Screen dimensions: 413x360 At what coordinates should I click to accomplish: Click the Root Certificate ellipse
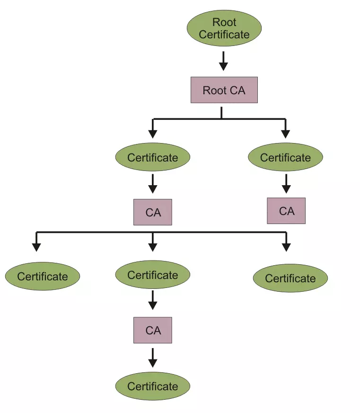[x=224, y=28]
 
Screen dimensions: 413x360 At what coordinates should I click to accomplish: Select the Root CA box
[x=224, y=90]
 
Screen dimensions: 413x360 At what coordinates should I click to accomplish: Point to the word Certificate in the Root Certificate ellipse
[x=224, y=35]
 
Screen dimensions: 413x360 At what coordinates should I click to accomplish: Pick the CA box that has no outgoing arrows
[x=286, y=211]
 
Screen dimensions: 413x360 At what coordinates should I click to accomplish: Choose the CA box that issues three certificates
[x=152, y=212]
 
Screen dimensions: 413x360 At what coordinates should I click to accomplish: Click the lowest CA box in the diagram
[x=152, y=330]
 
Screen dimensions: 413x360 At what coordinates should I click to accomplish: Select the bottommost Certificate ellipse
[x=152, y=386]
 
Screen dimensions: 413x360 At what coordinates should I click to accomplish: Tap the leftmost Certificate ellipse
[x=43, y=277]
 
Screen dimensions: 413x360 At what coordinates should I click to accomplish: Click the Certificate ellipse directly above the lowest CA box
[x=152, y=275]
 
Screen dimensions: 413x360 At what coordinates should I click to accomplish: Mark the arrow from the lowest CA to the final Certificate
[x=152, y=358]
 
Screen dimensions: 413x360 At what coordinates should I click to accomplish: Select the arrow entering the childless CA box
[x=286, y=183]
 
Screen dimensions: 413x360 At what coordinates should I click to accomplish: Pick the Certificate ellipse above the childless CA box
[x=285, y=158]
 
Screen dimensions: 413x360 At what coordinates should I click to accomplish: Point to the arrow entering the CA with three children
[x=152, y=183]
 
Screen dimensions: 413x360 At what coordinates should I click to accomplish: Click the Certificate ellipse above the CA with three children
[x=152, y=158]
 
